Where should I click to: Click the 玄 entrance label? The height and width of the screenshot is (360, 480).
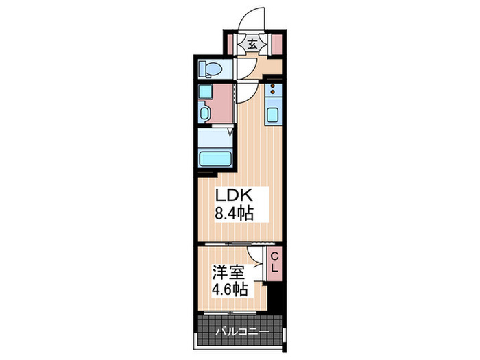point(252,45)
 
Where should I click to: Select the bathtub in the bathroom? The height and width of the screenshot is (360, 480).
point(216,158)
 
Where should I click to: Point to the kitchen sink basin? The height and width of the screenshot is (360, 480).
point(272,115)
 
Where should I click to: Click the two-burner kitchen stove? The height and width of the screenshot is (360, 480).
point(272,89)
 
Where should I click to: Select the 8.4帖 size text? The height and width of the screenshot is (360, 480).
point(235,213)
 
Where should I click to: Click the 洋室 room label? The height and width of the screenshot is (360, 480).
point(228,269)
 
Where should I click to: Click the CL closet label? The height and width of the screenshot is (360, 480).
point(274,263)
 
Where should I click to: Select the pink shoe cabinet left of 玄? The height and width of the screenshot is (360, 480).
point(232,45)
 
